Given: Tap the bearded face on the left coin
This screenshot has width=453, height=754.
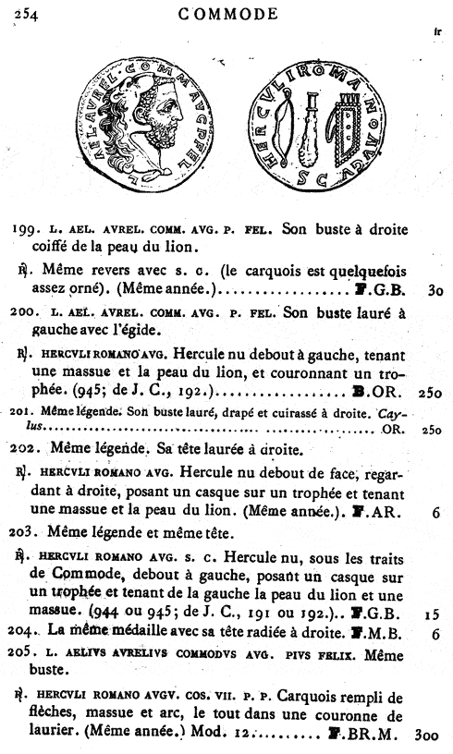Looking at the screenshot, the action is [169, 119].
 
